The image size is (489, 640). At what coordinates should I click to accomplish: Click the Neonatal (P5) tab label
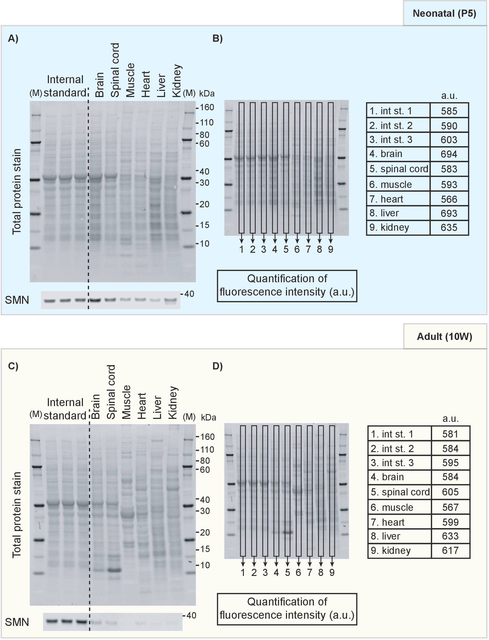(444, 13)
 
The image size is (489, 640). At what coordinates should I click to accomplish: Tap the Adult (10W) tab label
(444, 336)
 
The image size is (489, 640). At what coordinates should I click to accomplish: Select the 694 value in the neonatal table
(449, 154)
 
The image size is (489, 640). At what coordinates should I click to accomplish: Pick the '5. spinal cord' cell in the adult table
(400, 492)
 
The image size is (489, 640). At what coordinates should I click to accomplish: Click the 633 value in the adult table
(450, 536)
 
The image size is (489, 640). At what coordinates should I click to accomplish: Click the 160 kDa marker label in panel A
(207, 107)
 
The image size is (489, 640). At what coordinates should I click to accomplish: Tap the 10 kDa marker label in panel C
(205, 565)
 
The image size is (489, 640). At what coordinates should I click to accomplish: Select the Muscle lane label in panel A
(130, 80)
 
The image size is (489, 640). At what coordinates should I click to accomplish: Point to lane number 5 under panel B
(286, 249)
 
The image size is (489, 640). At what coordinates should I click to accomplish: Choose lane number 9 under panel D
(332, 572)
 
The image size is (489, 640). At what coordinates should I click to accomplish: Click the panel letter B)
(217, 39)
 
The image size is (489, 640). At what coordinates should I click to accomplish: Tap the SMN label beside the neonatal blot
(17, 300)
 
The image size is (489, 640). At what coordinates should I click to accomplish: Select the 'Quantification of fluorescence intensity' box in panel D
(287, 608)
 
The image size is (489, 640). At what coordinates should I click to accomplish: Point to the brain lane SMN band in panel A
(95, 300)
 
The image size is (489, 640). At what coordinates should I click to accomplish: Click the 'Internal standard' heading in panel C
(65, 409)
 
